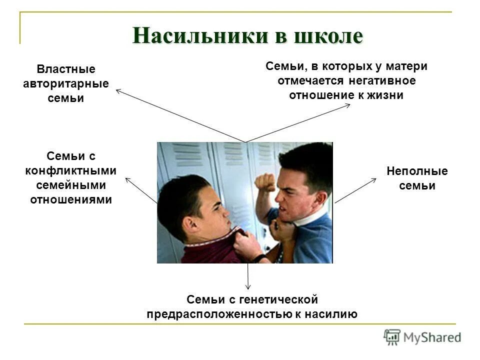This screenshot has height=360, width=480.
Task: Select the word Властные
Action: coord(66,69)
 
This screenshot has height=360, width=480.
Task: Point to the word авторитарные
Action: coord(66,83)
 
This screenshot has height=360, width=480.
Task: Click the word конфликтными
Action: coord(71,170)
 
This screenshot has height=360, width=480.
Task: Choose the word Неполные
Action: coord(417,171)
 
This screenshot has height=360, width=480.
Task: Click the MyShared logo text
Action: coord(433,337)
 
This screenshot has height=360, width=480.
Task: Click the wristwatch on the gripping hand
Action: coord(259,258)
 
